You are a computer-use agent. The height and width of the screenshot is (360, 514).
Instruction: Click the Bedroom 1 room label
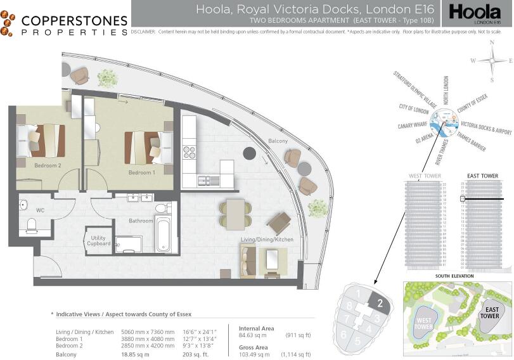point(141,172)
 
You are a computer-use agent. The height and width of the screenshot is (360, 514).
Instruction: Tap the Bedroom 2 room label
point(48,165)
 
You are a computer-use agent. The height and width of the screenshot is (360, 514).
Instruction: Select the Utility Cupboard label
point(98,241)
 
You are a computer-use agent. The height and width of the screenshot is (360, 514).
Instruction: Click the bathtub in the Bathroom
point(163,235)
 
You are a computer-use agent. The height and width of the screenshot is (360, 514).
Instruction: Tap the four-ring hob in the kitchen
point(190,152)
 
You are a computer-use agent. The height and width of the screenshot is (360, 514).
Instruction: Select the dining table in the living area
point(236,214)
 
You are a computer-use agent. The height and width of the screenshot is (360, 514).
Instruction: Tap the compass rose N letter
point(492,43)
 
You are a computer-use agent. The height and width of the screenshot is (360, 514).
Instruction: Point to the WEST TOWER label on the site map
point(425,323)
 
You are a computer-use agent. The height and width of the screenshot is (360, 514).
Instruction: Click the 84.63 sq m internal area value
point(252,335)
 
